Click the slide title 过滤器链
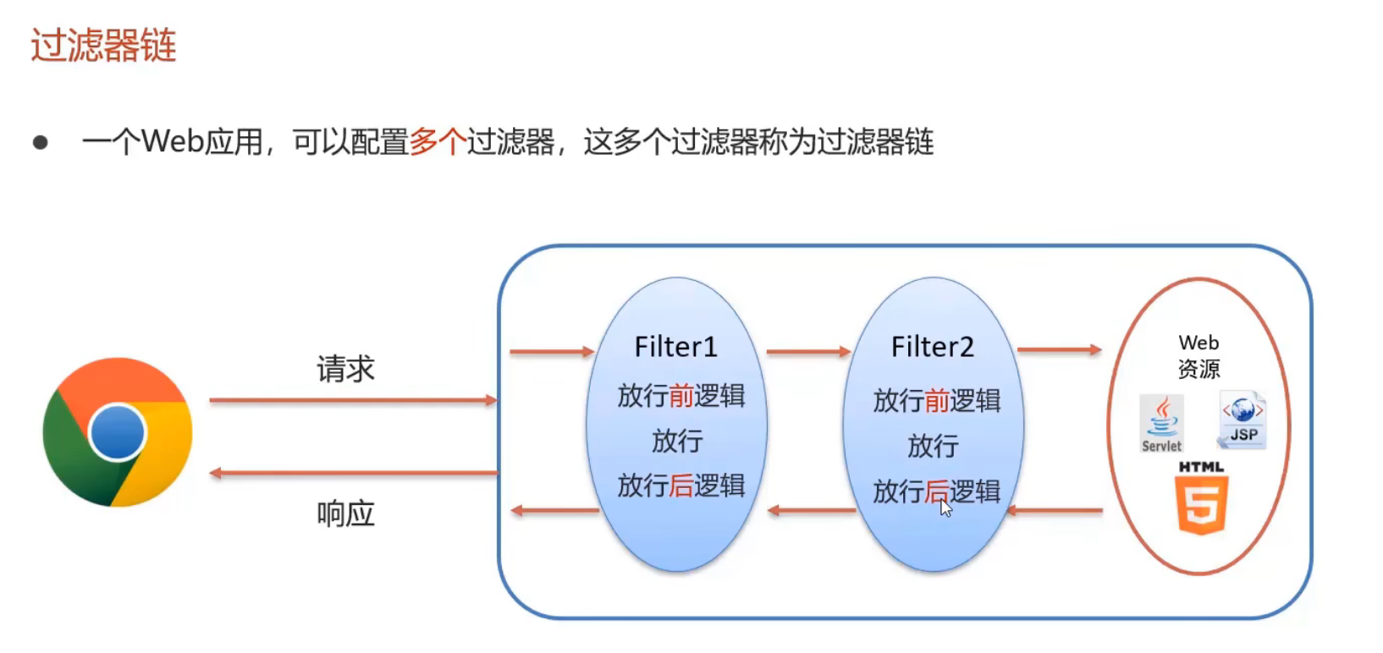coord(103,46)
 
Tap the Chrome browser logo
coord(118,432)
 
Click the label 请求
coord(345,369)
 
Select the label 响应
coord(345,513)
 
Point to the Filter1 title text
coord(675,347)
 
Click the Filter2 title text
coord(932,347)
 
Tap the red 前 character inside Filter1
coord(681,396)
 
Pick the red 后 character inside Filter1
coord(681,486)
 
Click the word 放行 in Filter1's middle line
coord(676,441)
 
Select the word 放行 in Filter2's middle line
coord(933,446)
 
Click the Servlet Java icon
coord(1161,423)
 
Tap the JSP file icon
coord(1242,420)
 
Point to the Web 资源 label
coord(1198,356)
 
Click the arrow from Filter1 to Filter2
coord(808,351)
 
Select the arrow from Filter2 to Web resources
coord(1059,349)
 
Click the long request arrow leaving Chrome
coord(353,400)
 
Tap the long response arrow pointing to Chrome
coord(353,473)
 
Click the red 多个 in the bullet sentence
coord(438,142)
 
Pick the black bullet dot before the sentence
coord(41,142)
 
